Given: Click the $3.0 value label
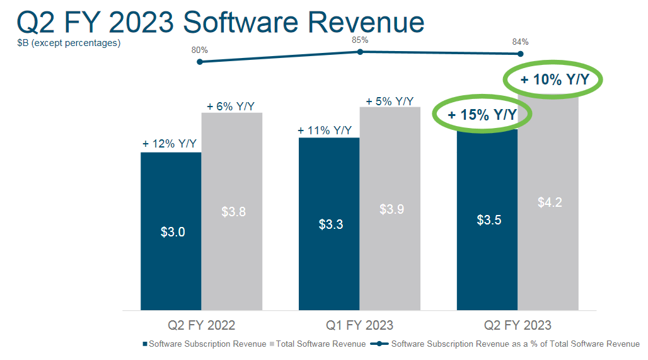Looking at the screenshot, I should (172, 232).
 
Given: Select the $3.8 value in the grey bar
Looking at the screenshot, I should (233, 212).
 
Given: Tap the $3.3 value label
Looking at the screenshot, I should (330, 224).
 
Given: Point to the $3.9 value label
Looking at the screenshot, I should (391, 209).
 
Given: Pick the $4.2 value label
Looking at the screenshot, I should (550, 202).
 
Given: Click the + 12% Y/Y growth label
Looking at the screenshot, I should (170, 144).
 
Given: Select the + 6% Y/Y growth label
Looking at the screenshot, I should (231, 106).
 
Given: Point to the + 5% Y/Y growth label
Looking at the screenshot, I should (390, 101).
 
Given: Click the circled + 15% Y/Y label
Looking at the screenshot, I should (482, 115).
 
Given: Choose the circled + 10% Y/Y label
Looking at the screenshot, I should (553, 80).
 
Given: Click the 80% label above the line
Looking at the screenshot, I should (200, 50).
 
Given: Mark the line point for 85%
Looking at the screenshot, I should (360, 52).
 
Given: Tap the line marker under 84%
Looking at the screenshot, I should (521, 54).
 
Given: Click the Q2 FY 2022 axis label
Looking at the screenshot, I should (201, 325).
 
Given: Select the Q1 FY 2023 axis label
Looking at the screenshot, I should (359, 325).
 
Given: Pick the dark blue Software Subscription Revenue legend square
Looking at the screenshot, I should (146, 344).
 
